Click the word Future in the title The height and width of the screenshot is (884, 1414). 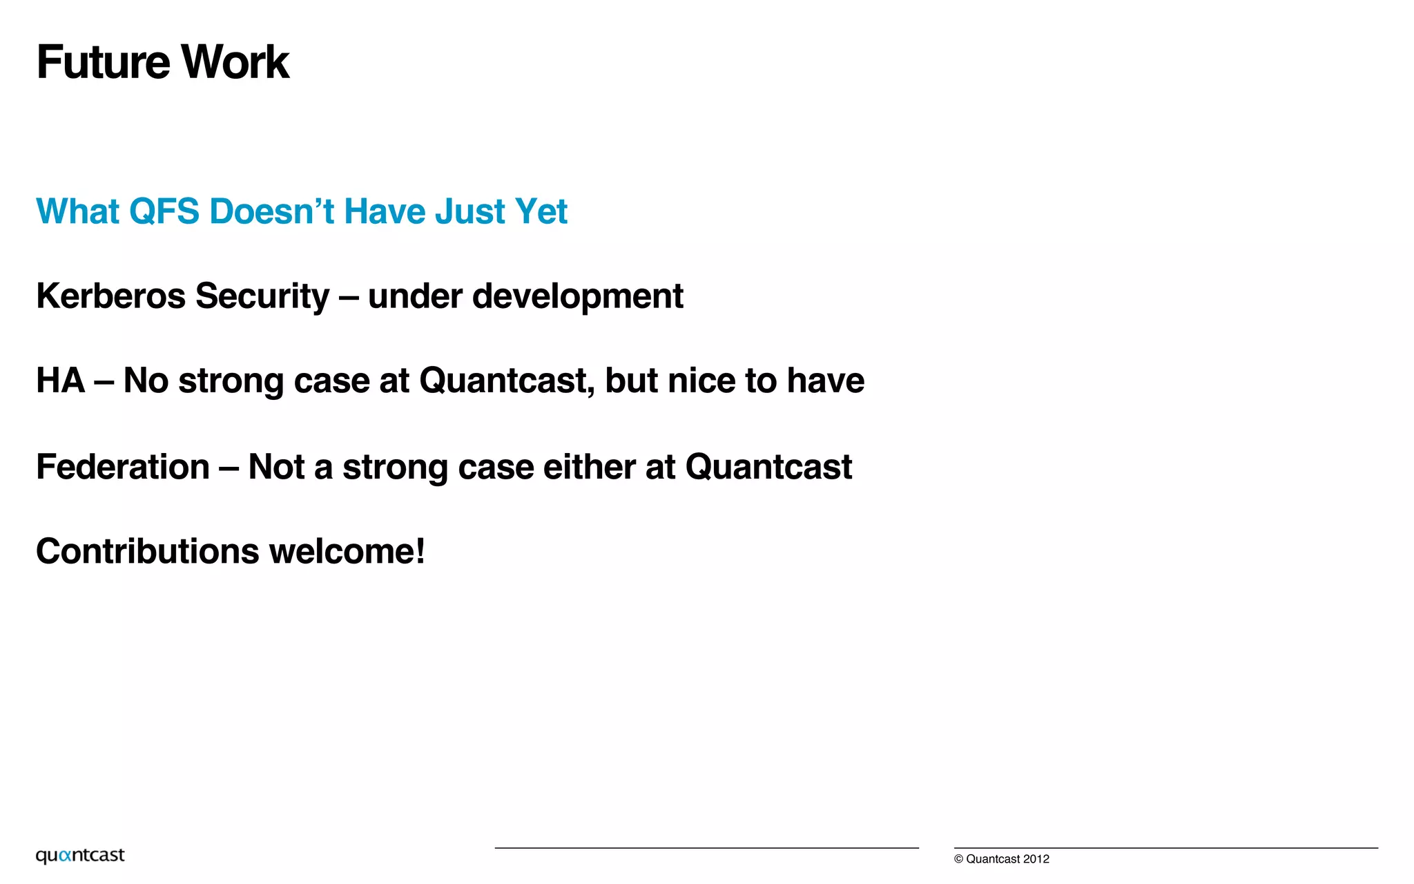click(103, 62)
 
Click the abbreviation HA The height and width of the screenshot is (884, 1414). click(61, 381)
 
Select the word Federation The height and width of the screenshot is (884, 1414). click(123, 467)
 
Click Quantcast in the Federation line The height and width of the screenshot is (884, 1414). click(768, 467)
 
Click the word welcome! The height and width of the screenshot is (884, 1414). click(347, 552)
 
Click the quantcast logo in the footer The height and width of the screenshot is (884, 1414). click(80, 856)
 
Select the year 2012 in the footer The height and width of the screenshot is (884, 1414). click(1036, 859)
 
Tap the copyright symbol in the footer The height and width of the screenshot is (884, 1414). click(958, 859)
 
